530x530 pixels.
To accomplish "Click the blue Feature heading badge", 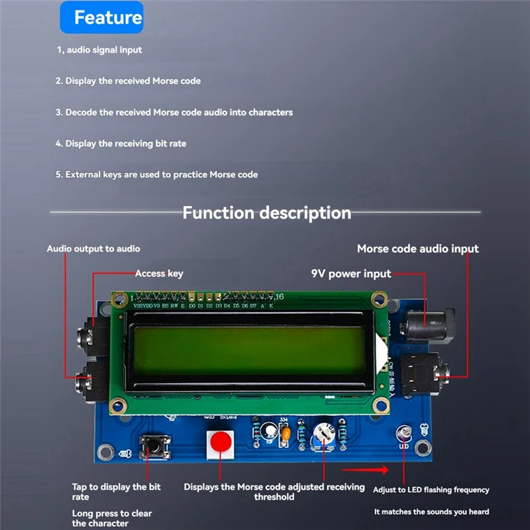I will [101, 18].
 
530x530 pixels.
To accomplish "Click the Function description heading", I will [266, 213].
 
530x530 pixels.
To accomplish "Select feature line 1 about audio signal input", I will [99, 50].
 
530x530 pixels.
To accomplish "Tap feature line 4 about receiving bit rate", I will [121, 143].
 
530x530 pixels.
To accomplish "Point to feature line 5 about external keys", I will [156, 174].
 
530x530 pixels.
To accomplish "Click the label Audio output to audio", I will [93, 248].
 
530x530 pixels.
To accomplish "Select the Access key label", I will [159, 273].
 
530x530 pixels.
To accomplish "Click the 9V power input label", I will [351, 274].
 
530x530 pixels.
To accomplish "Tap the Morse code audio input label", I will [417, 248].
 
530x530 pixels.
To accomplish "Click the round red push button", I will [221, 443].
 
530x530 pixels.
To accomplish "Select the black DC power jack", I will [427, 327].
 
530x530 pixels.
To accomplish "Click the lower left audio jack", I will [90, 383].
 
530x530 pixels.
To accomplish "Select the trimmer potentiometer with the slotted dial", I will [323, 435].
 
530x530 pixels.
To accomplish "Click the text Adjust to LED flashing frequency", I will [431, 490].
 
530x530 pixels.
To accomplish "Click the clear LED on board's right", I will [403, 435].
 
